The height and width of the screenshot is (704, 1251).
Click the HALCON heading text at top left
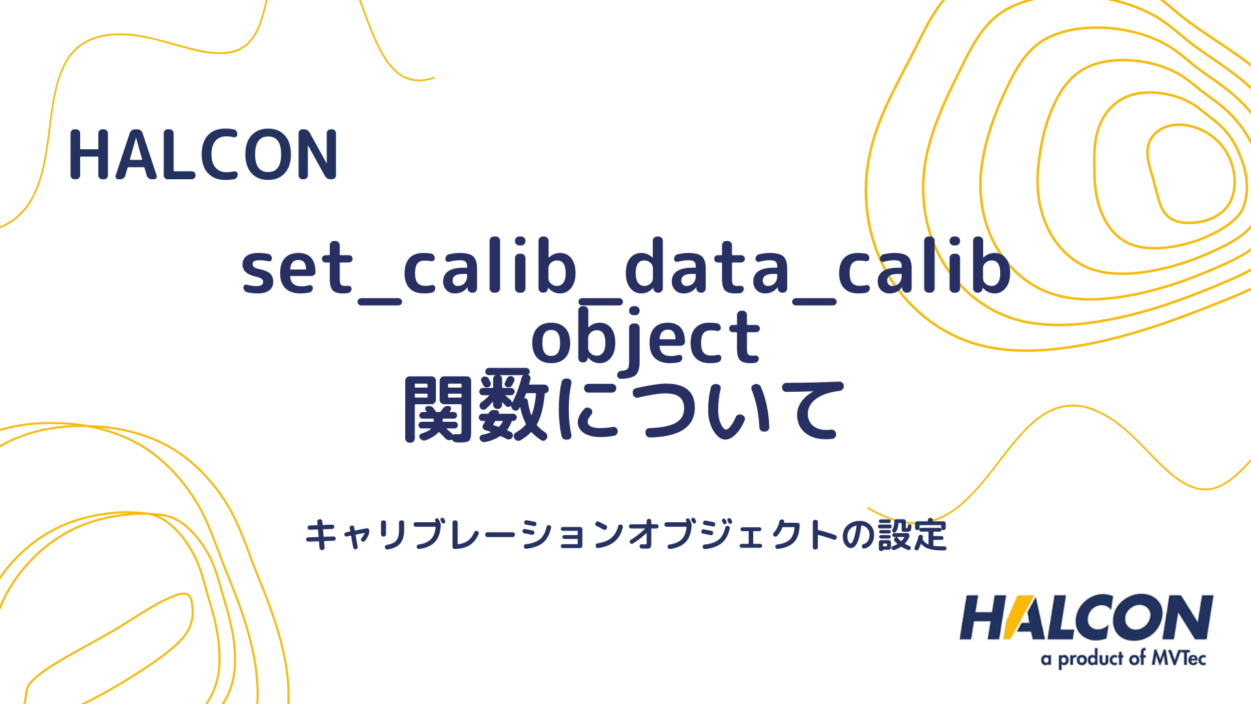coord(203,155)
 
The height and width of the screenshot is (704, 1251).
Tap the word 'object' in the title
coord(645,339)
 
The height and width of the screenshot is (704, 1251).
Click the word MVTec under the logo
coord(1179,658)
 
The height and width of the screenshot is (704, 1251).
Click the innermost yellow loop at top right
coord(1190,173)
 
